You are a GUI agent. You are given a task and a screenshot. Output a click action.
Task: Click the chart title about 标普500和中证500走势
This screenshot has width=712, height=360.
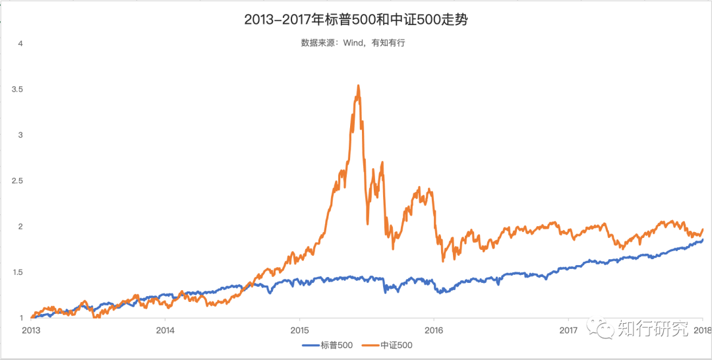tap(356, 20)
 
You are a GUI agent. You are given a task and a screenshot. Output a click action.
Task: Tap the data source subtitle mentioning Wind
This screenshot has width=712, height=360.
tap(357, 43)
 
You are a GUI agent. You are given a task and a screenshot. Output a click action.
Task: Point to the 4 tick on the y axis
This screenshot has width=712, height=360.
tap(21, 44)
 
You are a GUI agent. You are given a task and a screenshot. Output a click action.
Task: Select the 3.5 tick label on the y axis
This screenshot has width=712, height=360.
tap(18, 89)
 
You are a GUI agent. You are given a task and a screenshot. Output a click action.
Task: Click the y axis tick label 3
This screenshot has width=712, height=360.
tap(21, 135)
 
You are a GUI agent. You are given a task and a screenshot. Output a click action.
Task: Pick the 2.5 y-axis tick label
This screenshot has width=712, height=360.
tap(18, 181)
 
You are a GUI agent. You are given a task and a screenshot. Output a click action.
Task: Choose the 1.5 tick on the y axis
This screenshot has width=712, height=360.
tap(18, 272)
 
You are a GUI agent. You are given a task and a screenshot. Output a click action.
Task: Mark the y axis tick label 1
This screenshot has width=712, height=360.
tap(21, 318)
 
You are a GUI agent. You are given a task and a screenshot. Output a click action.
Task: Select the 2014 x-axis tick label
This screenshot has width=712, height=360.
tap(165, 330)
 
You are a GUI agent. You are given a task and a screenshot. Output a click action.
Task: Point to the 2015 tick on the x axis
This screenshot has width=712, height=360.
tap(300, 330)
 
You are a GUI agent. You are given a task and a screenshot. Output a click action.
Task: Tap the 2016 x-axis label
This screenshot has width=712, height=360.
tap(434, 330)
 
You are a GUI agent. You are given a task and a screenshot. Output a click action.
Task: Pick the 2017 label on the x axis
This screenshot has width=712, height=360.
tap(568, 330)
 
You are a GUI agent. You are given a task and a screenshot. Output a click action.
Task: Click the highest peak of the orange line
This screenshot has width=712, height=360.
tap(358, 86)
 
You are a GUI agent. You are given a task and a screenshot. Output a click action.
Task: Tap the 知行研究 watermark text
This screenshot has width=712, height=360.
tap(653, 328)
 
